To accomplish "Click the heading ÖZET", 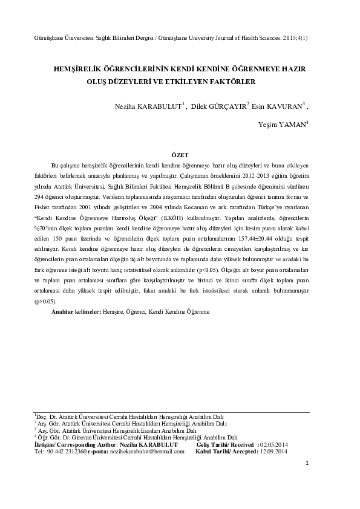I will pos(180,154).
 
